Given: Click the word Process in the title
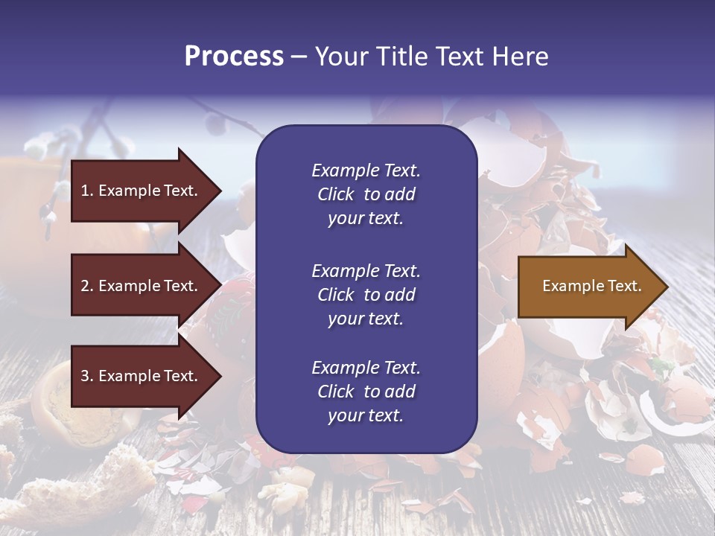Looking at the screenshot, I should pos(234,57).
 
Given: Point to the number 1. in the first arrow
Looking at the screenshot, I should pos(87,191).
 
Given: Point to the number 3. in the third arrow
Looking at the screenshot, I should pos(87,376).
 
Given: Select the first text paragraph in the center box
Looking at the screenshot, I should pos(366,194).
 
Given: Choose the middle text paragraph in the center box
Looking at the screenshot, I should pos(366,295).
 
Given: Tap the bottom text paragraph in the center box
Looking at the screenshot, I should pos(366,392).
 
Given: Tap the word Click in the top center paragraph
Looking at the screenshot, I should pos(336,194).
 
